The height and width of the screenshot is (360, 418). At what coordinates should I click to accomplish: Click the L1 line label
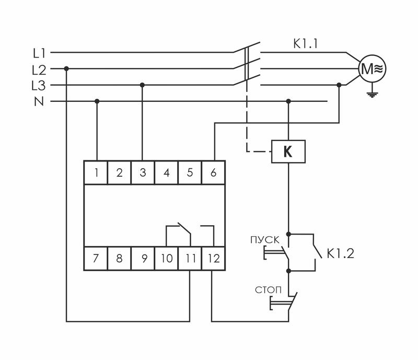point(39,53)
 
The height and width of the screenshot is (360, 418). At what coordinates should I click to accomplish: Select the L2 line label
point(39,69)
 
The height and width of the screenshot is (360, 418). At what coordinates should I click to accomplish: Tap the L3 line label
point(39,85)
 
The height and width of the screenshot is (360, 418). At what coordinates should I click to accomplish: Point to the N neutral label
point(39,101)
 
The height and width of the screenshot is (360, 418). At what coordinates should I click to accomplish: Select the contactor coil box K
point(287,152)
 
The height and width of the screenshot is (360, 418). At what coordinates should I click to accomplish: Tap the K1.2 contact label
point(341,254)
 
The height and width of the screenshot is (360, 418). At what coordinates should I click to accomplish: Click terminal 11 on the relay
point(190,258)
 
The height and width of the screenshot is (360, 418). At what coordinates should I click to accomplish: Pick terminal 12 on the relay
point(213,258)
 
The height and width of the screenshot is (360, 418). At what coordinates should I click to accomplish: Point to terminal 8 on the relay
point(119,258)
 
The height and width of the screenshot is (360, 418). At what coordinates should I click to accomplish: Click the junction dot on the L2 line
point(66,68)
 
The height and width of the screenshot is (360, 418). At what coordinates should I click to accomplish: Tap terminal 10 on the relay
point(166,258)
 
